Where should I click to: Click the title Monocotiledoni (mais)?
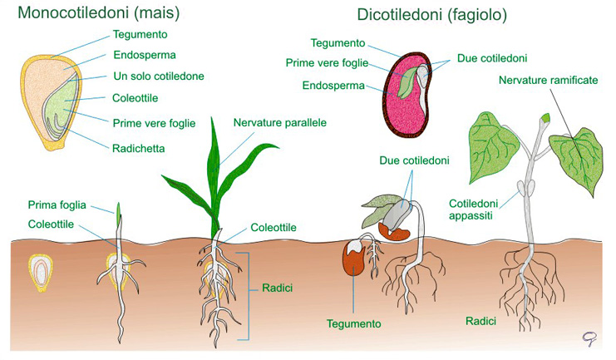coord(99,13)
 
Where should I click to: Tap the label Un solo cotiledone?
coord(158,76)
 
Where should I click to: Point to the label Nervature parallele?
coord(279,122)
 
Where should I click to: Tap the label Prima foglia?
coord(57,205)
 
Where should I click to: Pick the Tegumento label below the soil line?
coord(353,323)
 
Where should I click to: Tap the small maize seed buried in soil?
coord(40,272)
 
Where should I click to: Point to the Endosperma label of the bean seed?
coord(331,83)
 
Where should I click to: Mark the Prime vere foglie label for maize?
coord(154,123)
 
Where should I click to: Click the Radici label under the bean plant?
coord(480,320)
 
